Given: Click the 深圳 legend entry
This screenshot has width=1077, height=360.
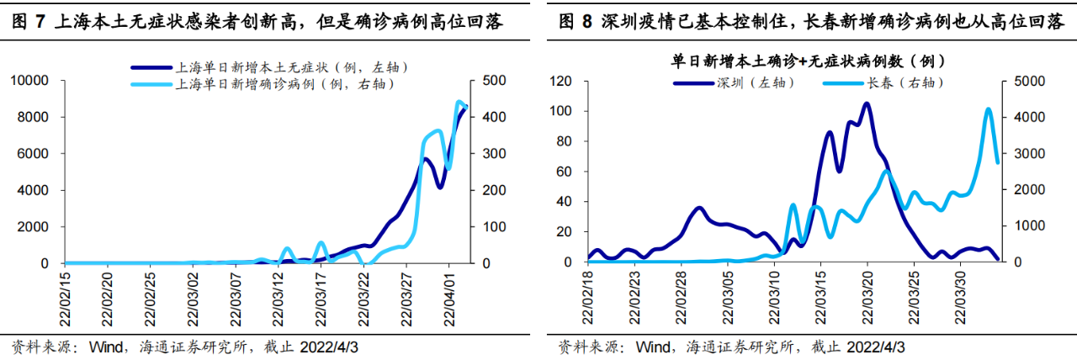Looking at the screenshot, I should click(x=736, y=82).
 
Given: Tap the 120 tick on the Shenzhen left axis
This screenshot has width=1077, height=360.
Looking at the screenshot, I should click(x=561, y=81).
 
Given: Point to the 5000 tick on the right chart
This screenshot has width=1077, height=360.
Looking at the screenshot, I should click(x=1027, y=81).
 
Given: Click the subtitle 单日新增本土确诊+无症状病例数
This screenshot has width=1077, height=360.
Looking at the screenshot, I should click(x=799, y=61).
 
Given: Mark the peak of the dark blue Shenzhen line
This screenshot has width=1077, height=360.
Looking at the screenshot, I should click(x=866, y=103).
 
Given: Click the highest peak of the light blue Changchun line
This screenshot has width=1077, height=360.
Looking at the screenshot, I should click(x=989, y=109).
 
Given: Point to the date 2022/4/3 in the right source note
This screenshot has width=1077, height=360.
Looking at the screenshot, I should click(x=876, y=347).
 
